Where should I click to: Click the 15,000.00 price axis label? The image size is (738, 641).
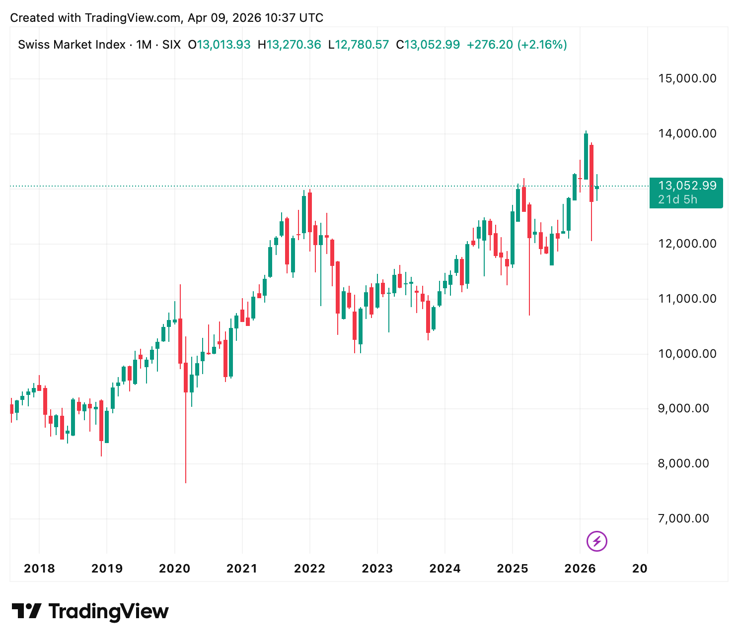[687, 78]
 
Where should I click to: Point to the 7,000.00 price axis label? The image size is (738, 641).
[683, 518]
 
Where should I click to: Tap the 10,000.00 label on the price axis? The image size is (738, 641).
[687, 354]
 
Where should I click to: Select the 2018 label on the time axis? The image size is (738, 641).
[39, 569]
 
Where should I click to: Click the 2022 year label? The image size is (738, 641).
[309, 569]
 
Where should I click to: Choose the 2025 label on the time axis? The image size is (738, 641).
[513, 569]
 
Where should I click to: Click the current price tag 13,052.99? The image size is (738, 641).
[687, 186]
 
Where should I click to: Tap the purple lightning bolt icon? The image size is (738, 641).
[597, 541]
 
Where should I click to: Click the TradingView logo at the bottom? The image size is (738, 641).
[90, 611]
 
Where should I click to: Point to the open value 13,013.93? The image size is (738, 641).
[224, 45]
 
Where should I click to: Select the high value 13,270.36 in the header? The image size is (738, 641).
[294, 45]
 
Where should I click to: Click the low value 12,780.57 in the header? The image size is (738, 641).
[362, 45]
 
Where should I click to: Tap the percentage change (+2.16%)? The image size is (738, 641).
[542, 45]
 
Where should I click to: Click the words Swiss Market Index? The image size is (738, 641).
[72, 45]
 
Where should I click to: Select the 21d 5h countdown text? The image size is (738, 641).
[677, 199]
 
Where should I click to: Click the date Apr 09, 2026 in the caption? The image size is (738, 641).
[224, 18]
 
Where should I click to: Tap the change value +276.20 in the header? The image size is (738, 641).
[490, 45]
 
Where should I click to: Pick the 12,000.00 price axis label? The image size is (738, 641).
[687, 244]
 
